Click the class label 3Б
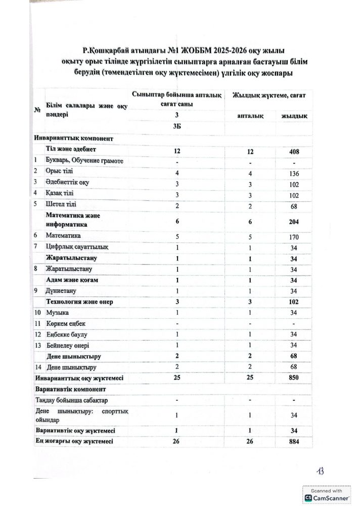click(177, 126)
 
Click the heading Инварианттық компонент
click(74, 138)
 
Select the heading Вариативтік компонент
click(71, 389)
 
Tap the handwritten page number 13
click(320, 471)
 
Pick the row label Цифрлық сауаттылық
click(76, 246)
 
